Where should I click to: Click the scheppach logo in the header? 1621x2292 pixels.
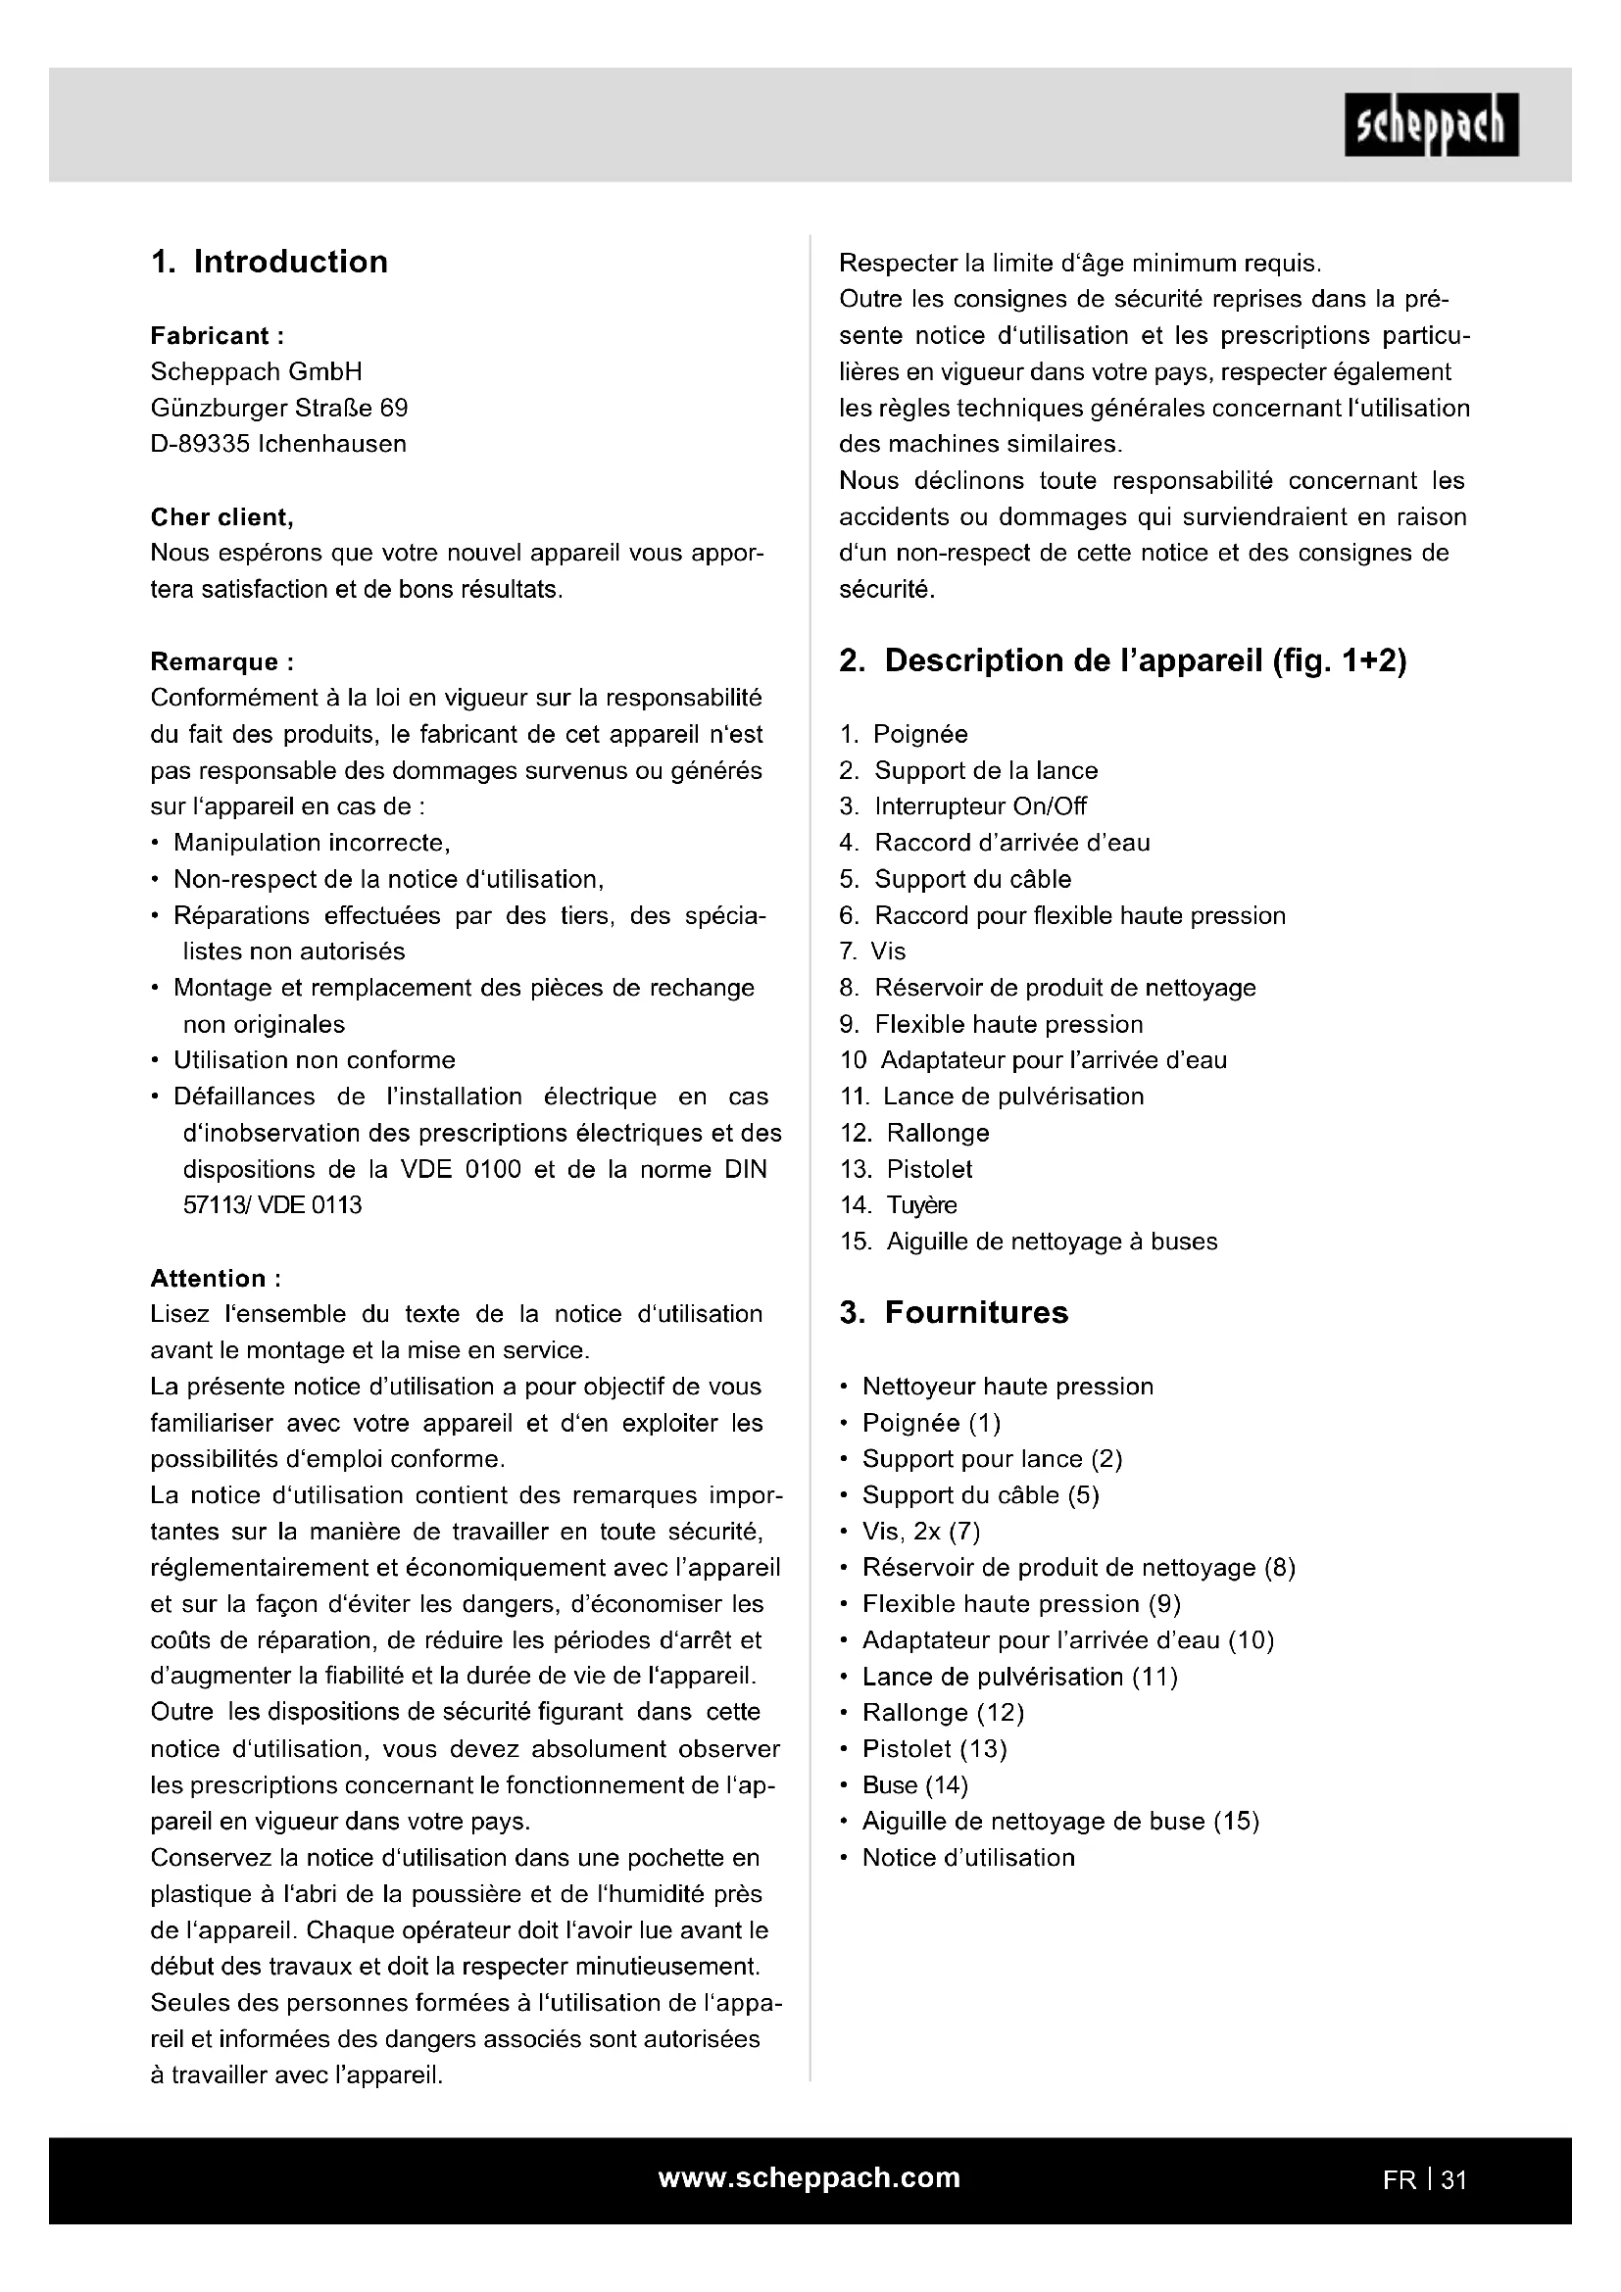1430,124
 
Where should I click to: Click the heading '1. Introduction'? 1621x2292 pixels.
270,262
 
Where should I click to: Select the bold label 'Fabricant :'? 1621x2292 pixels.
218,335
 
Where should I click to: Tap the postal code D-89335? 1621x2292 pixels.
200,444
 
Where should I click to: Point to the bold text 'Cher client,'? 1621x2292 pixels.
221,517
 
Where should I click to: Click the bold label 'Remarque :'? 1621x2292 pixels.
221,661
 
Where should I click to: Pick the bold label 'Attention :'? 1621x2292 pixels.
216,1278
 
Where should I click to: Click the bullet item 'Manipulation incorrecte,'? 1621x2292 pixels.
312,843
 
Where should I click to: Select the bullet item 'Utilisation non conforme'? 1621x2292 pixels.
314,1060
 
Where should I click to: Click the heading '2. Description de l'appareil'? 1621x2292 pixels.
1122,660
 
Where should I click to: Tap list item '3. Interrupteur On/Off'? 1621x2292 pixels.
963,806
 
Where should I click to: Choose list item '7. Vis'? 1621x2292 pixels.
873,951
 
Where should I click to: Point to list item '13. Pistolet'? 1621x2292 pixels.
907,1169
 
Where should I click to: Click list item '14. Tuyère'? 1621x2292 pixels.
899,1205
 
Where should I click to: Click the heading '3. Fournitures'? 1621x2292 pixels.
954,1313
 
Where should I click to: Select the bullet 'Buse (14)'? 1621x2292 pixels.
915,1784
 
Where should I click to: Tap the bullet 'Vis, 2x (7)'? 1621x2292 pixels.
921,1532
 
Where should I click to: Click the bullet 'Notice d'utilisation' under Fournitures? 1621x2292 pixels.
968,1858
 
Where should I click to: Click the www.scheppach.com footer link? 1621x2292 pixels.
810,2178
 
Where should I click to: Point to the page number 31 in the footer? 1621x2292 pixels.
1454,2180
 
